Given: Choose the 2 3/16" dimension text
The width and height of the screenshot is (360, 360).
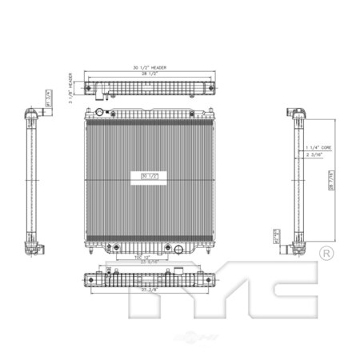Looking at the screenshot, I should pyautogui.click(x=314, y=156).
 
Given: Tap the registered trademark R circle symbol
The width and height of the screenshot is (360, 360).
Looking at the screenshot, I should pyautogui.click(x=326, y=253).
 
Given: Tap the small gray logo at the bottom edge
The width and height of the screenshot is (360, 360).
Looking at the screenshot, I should pyautogui.click(x=180, y=353).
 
